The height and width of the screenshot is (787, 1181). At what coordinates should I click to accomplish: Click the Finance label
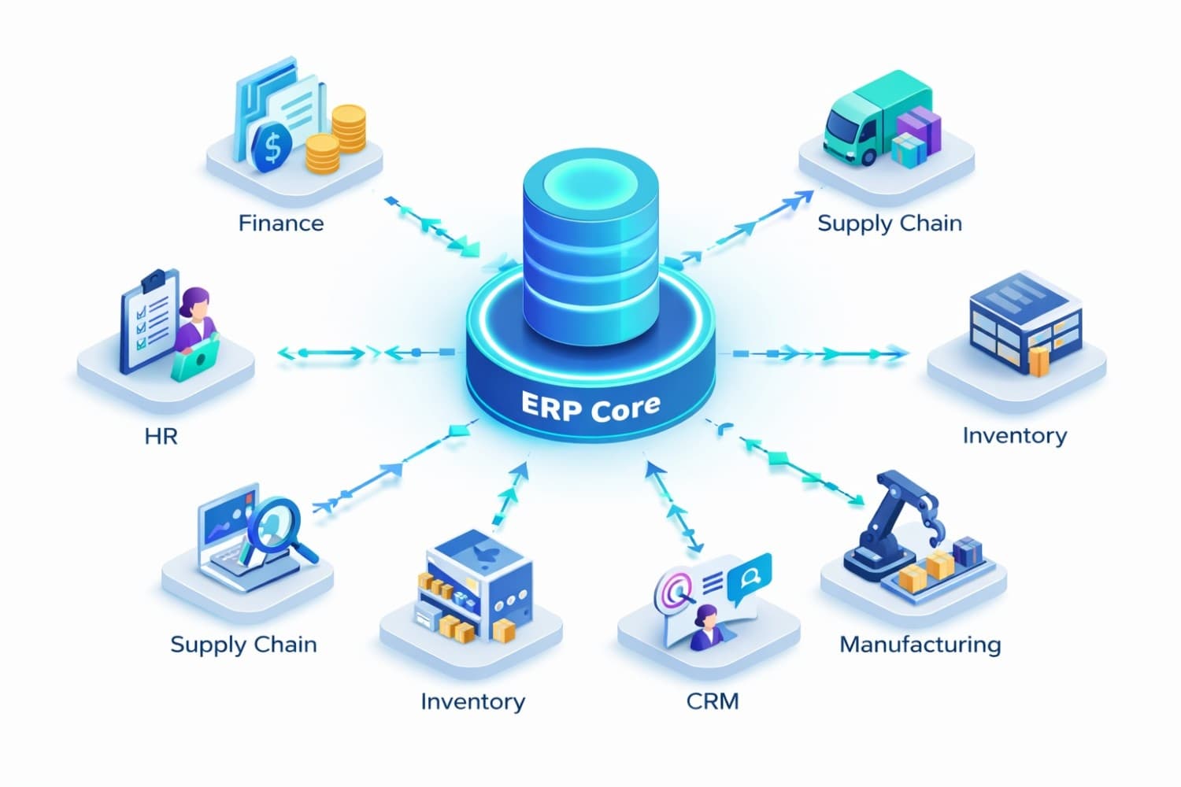[x=281, y=224]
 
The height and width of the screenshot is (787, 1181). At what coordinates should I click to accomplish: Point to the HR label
[x=161, y=436]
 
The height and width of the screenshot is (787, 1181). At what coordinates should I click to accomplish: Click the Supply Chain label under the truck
[x=890, y=224]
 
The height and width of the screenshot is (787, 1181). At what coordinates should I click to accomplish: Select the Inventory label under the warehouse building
[x=1015, y=436]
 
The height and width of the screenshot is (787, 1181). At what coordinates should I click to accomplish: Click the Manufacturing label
[x=920, y=645]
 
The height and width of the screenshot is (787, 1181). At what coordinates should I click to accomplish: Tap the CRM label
[x=713, y=701]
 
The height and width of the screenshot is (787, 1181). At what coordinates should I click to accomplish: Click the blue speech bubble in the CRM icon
[x=749, y=578]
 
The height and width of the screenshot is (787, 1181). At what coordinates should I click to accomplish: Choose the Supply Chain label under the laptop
[x=243, y=645]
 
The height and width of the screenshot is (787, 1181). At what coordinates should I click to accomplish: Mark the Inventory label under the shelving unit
[x=472, y=701]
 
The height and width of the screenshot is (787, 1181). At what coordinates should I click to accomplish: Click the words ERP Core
[x=590, y=407]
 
